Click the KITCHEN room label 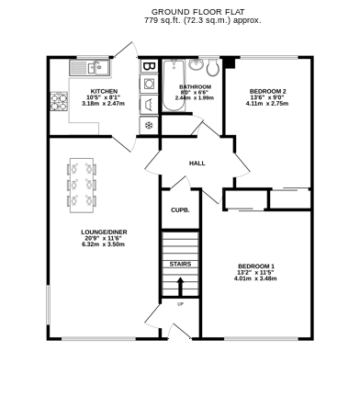point(101,91)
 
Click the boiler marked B point(148,66)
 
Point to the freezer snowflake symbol point(148,123)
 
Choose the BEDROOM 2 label point(267,91)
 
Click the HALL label point(197,164)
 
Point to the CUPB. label point(180,210)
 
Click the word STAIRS point(180,264)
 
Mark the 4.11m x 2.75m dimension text point(267,104)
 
